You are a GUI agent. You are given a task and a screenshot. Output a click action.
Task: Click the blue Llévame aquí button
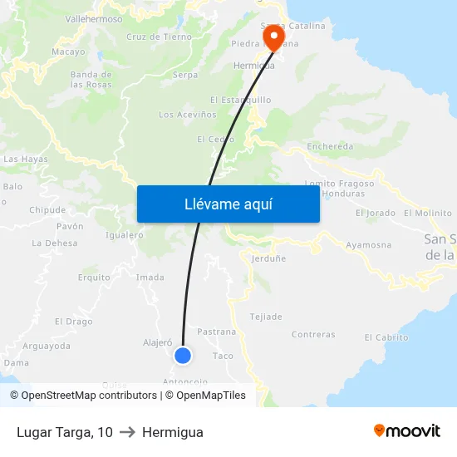coord(228,204)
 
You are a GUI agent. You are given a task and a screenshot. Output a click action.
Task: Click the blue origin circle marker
coord(183,356)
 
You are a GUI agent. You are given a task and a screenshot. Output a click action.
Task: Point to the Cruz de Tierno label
coord(159,37)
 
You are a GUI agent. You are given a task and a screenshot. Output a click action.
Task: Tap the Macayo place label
coord(68,52)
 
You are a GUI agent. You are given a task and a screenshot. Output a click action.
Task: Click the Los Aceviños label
coord(188,115)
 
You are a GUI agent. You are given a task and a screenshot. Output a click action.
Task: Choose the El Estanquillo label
coord(241,100)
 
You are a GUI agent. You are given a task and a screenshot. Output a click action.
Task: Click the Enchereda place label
coord(330,147)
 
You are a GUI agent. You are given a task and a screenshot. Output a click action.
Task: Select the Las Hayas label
coord(26,159)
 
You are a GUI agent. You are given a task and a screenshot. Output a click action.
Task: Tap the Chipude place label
coord(47,210)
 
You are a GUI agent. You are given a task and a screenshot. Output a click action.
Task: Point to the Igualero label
coord(125,235)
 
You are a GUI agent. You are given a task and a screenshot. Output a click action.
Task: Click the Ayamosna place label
coord(369,245)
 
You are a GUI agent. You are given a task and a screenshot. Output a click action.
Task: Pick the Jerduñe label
coord(268,258)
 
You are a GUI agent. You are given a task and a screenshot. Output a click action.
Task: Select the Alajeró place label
coord(157,342)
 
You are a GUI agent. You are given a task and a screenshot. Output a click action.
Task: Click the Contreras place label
coord(313,335)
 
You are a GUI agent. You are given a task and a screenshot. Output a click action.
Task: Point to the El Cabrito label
coord(386,337)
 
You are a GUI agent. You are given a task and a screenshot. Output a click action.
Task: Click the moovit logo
coord(406,431)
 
